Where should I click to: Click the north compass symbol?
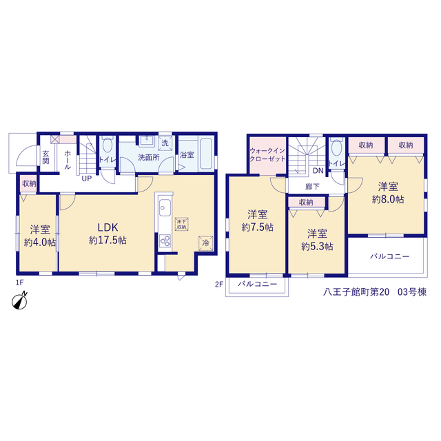coord(20,301)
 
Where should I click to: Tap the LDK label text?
coord(107,227)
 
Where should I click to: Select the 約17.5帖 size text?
coord(107,240)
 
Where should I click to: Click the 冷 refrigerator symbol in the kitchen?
coord(205,243)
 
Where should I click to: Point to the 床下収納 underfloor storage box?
coord(181,224)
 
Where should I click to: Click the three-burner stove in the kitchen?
coord(165,241)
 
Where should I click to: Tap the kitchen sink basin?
coord(165,207)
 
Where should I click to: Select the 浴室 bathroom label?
coord(187,155)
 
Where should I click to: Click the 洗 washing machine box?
coord(165,143)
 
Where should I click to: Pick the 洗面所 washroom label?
coord(149,157)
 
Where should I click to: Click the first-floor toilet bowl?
coord(107,145)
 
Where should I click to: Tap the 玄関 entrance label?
coord(46,157)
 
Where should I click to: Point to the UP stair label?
coord(87,178)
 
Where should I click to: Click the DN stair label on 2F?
coord(318,170)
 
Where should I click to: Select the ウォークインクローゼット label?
coord(267,154)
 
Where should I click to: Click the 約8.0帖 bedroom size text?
coord(388,199)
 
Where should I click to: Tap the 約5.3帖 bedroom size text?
coord(317,247)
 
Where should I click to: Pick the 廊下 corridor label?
coord(312,187)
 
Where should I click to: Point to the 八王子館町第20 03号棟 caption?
coord(375,292)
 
